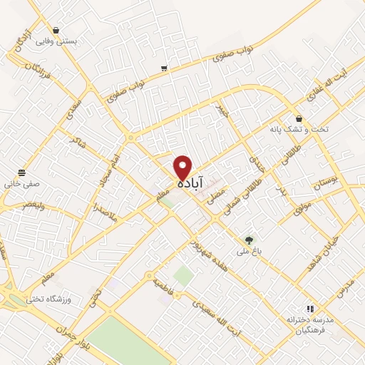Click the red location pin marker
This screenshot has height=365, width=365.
[183, 168]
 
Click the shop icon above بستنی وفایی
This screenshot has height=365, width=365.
[56, 31]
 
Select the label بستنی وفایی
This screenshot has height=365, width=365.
[56, 42]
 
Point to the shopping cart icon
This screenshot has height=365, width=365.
[165, 68]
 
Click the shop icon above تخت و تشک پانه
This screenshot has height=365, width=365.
[298, 118]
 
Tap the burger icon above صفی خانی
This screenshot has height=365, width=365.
[22, 173]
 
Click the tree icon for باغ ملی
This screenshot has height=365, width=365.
[249, 240]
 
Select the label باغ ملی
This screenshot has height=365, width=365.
[249, 252]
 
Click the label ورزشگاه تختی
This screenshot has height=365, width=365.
[45, 299]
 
